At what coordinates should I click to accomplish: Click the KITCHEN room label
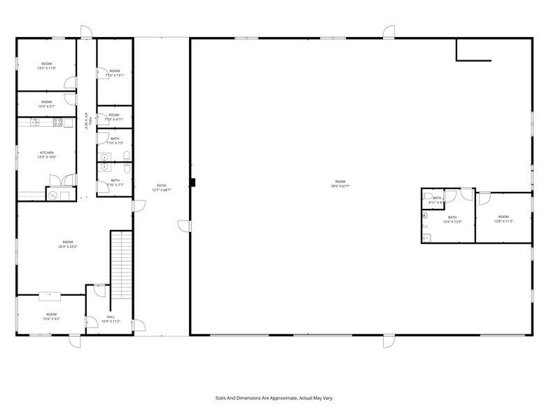(46, 155)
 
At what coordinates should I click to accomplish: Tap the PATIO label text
(162, 188)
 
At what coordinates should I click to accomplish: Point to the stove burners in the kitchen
(58, 123)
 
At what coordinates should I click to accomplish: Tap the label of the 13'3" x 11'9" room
(46, 66)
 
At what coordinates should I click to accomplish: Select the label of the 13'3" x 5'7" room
(46, 104)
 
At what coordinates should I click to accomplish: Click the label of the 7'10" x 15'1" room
(114, 73)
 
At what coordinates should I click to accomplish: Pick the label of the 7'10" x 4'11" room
(113, 117)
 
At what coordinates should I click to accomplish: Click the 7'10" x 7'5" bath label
(115, 141)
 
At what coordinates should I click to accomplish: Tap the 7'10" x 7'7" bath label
(115, 183)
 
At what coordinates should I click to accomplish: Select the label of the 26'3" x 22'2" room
(67, 244)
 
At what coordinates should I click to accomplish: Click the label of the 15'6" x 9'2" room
(52, 316)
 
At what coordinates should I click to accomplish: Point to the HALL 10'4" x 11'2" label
(111, 319)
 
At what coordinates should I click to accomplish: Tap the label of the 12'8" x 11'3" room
(503, 219)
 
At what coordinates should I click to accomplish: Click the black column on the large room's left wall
(193, 183)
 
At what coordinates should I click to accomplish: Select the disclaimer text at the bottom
(274, 396)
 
